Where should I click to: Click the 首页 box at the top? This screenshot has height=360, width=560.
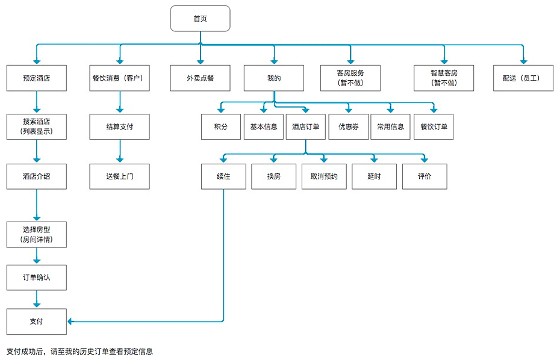[x=200, y=19]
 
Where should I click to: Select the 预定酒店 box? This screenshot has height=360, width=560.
[x=36, y=78]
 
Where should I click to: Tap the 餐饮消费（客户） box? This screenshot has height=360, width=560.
[x=119, y=78]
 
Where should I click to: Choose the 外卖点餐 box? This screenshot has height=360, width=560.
[x=200, y=78]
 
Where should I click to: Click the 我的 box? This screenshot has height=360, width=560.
[x=274, y=78]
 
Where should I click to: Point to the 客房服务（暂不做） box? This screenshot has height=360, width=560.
[x=350, y=78]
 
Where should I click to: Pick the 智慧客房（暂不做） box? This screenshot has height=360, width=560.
[x=444, y=78]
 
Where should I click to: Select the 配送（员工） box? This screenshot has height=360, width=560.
[x=523, y=78]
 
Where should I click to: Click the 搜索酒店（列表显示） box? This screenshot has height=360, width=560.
[x=36, y=126]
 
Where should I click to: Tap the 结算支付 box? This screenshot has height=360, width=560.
[x=119, y=126]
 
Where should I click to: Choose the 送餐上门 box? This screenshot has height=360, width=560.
[x=119, y=176]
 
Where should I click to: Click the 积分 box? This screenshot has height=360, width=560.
[x=221, y=126]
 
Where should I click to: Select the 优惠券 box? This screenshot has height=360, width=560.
[x=349, y=126]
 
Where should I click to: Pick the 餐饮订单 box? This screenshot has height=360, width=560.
[x=434, y=126]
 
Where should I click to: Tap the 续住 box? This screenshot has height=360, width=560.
[x=223, y=176]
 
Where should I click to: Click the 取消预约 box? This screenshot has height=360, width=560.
[x=324, y=176]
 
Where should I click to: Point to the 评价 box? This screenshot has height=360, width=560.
[x=425, y=176]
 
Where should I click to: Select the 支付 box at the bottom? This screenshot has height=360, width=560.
[x=36, y=321]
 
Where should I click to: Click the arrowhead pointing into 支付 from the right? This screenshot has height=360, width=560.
[x=70, y=321]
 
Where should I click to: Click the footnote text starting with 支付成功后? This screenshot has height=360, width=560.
[x=79, y=351]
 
